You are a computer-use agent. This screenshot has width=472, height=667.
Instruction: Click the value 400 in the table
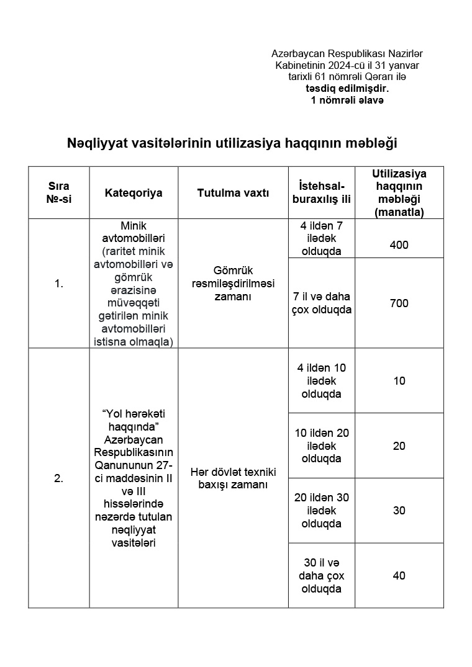pyautogui.click(x=399, y=245)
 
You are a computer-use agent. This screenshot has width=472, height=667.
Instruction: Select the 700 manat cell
pyautogui.click(x=399, y=303)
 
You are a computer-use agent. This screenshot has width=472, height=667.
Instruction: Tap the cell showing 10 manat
pyautogui.click(x=399, y=381)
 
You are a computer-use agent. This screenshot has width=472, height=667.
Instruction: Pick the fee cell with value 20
pyautogui.click(x=399, y=446)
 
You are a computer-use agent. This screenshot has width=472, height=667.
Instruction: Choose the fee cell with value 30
pyautogui.click(x=399, y=511)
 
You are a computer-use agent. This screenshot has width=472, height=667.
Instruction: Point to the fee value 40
pyautogui.click(x=399, y=576)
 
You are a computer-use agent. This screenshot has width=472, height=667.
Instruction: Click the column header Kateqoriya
pyautogui.click(x=134, y=193)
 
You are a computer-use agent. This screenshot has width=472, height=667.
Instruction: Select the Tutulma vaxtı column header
pyautogui.click(x=233, y=193)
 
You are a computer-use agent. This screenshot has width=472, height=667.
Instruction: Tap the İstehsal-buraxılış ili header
pyautogui.click(x=321, y=193)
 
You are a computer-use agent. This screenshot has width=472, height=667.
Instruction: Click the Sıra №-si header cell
pyautogui.click(x=59, y=193)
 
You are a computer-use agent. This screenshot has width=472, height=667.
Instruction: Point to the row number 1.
pyautogui.click(x=59, y=284)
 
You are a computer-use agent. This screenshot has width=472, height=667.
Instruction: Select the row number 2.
pyautogui.click(x=59, y=478)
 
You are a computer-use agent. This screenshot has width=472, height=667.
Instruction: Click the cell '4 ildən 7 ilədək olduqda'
pyautogui.click(x=321, y=239)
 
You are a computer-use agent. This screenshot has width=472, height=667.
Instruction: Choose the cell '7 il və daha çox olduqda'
pyautogui.click(x=321, y=303)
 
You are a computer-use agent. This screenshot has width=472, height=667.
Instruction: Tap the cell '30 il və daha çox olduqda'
pyautogui.click(x=321, y=576)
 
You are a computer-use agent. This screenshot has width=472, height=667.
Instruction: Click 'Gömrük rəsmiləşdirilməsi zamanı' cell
pyautogui.click(x=233, y=284)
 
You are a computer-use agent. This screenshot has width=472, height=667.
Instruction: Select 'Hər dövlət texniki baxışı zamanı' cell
pyautogui.click(x=233, y=478)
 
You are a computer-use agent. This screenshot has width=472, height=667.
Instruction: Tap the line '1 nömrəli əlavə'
pyautogui.click(x=347, y=100)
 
